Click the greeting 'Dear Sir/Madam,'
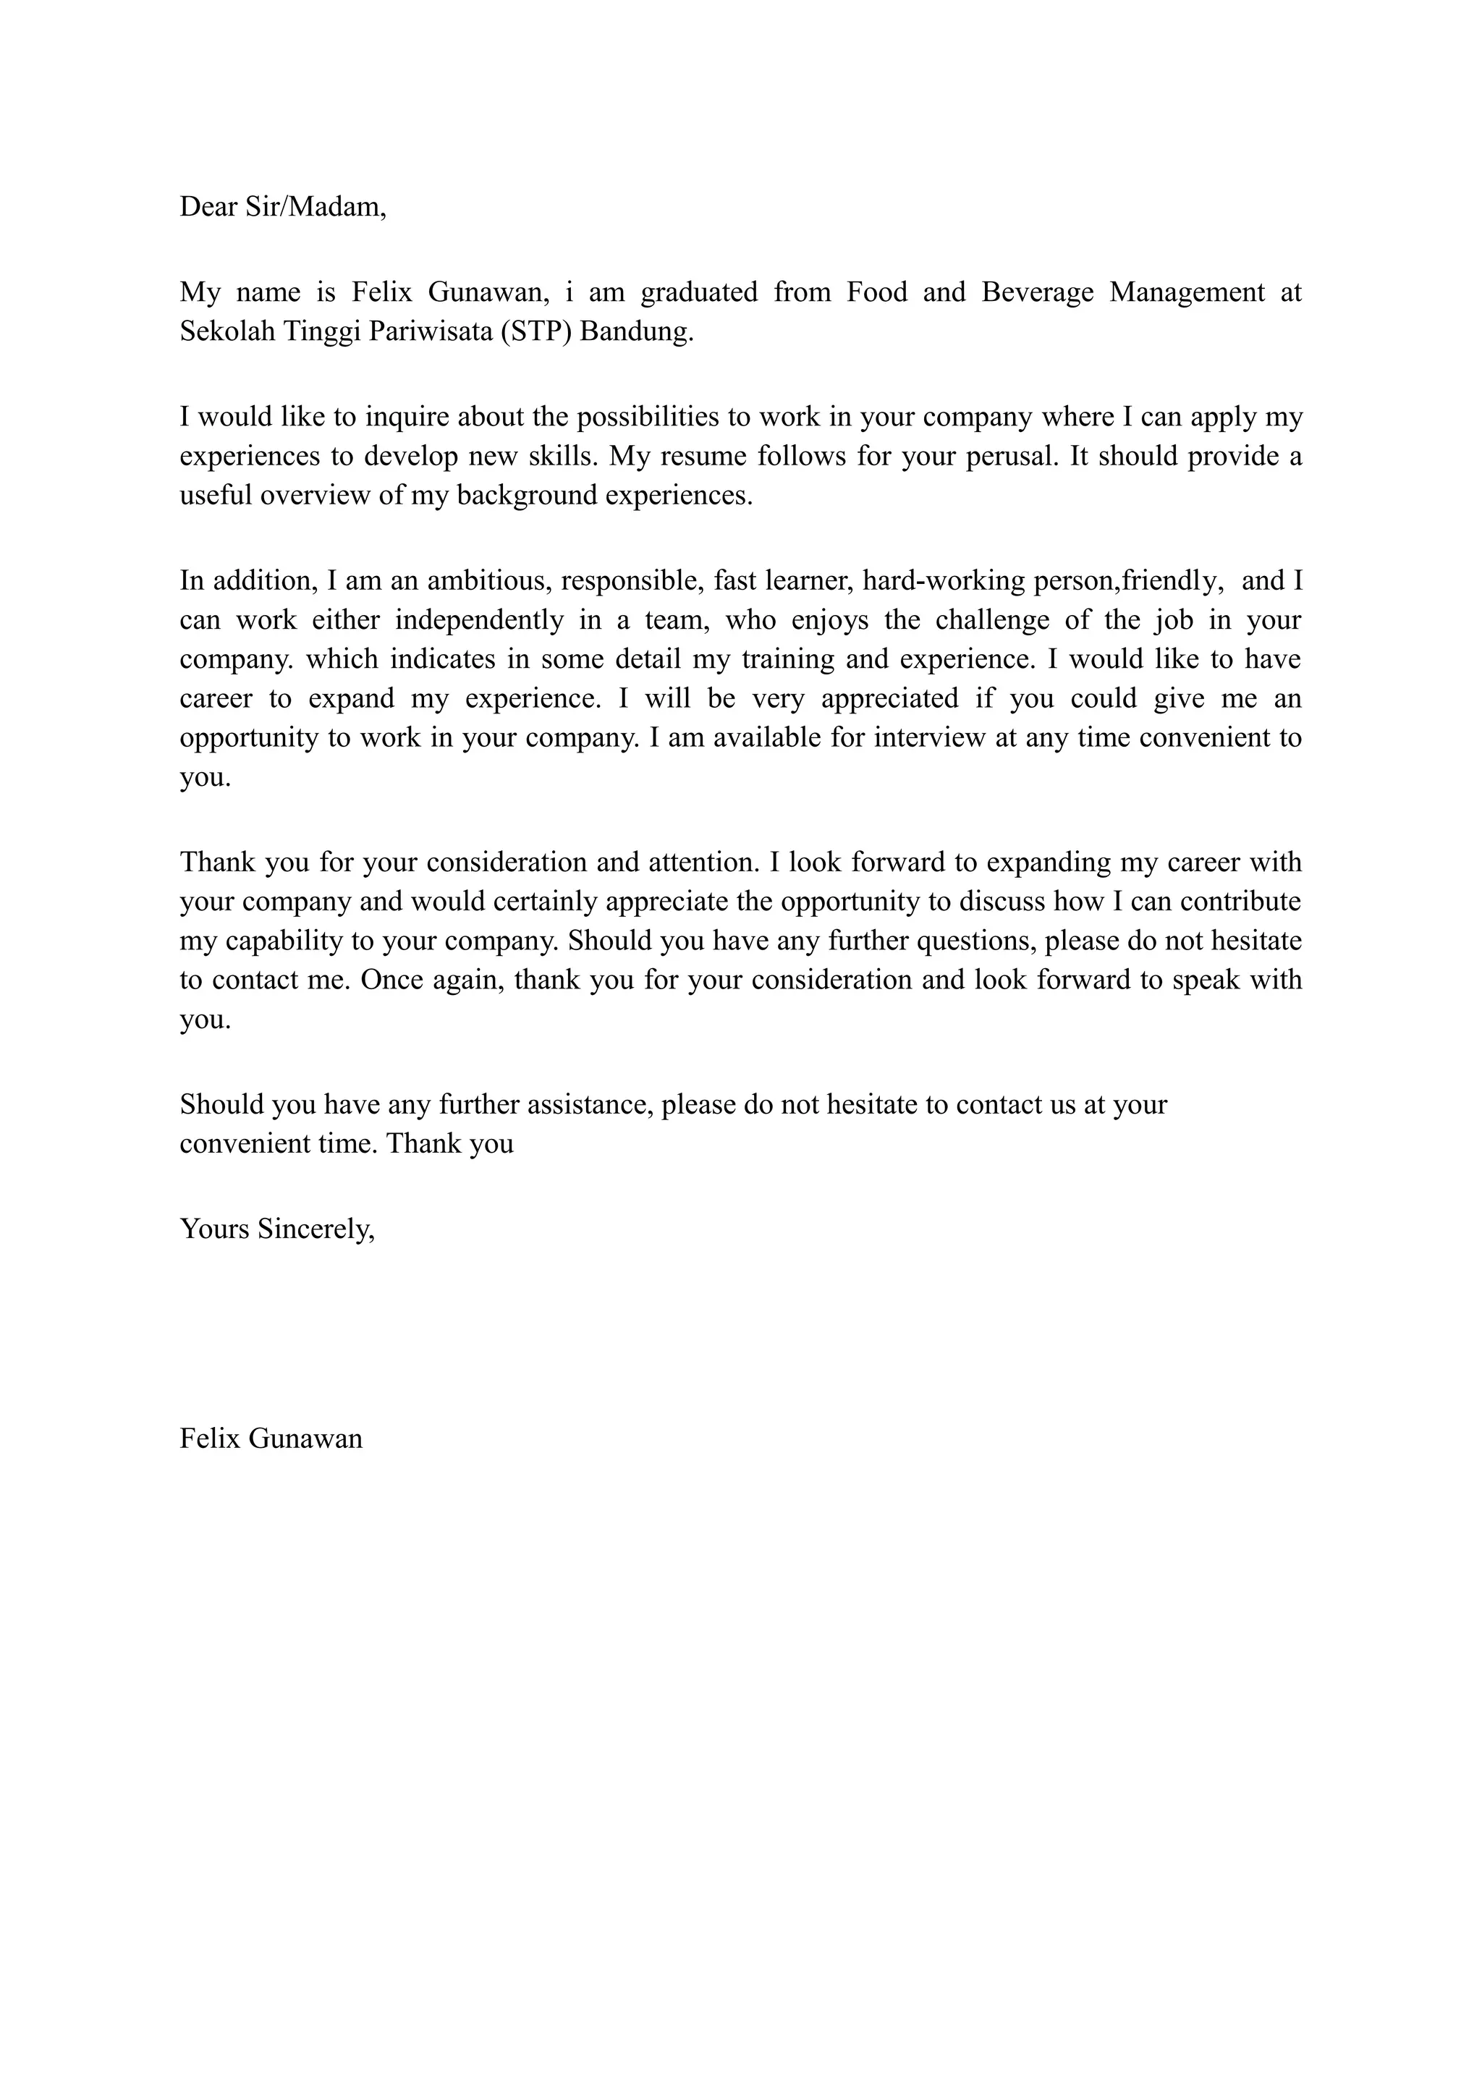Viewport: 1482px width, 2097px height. point(283,208)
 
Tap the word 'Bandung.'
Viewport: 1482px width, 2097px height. point(638,331)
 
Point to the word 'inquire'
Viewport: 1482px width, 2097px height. point(407,418)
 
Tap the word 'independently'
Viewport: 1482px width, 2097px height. point(478,620)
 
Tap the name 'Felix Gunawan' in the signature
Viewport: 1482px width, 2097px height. point(271,1439)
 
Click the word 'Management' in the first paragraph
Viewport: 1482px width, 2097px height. point(1187,292)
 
